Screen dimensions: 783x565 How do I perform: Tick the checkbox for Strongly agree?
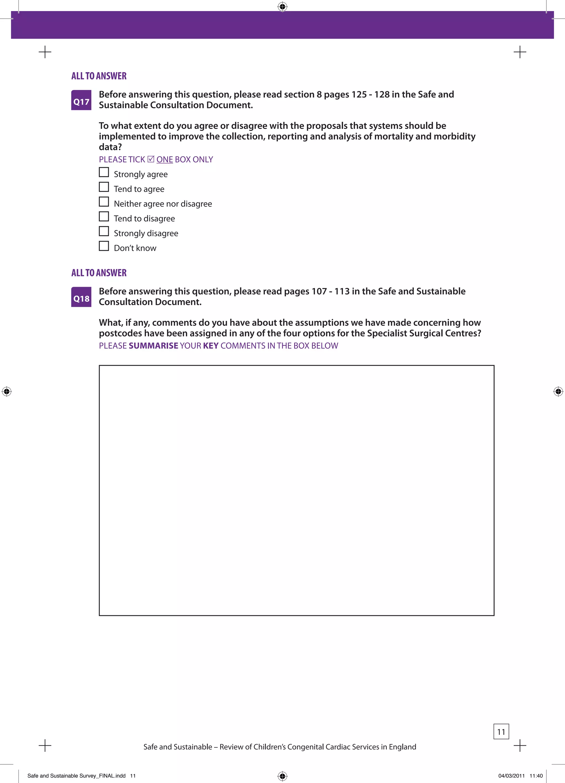[x=104, y=172]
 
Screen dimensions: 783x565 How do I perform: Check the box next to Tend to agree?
[x=104, y=187]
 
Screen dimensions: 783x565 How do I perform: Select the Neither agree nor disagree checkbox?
[x=104, y=202]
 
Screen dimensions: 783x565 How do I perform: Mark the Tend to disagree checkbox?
[x=104, y=216]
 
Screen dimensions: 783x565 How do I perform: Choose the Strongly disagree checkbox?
[x=104, y=231]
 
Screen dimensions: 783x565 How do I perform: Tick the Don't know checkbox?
[x=104, y=246]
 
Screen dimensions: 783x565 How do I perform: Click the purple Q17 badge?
[x=81, y=101]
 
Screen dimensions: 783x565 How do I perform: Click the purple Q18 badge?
[x=81, y=297]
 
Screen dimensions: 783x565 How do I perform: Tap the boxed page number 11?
[x=501, y=731]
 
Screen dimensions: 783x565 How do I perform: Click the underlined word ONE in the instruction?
[x=164, y=160]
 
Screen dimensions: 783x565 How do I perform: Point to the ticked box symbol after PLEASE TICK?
[x=151, y=159]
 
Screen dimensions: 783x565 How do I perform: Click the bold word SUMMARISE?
[x=153, y=346]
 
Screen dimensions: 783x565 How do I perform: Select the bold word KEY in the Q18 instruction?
[x=210, y=346]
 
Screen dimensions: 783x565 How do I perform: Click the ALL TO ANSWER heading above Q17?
[x=99, y=76]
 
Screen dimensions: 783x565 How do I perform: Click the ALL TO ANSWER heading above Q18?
[x=99, y=273]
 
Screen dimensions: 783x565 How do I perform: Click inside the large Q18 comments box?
[x=297, y=490]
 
